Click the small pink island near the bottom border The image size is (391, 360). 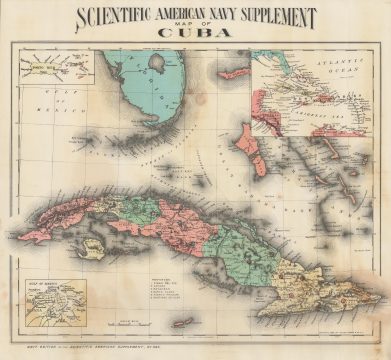[x=183, y=322]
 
